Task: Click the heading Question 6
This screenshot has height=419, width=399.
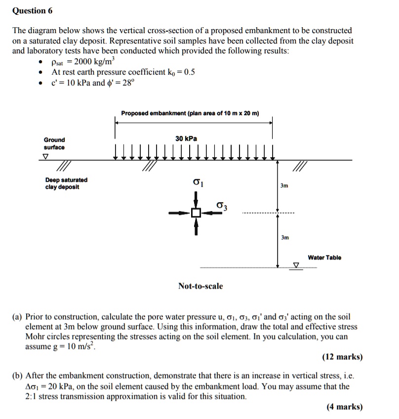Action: [32, 11]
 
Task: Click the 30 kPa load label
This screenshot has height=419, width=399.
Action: [186, 139]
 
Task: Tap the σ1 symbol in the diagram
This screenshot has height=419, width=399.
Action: [198, 183]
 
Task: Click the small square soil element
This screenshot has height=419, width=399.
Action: [196, 213]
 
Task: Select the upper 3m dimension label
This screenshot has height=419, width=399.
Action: [284, 186]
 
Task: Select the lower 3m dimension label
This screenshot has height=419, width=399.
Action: [284, 238]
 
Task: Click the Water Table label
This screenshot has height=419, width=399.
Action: [324, 257]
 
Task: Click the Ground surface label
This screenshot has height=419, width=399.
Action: [54, 143]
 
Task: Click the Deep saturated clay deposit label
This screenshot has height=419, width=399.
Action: [66, 183]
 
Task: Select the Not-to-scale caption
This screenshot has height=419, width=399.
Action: [200, 286]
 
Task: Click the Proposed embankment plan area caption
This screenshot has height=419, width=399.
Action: [190, 114]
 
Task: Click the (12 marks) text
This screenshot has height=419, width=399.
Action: [342, 357]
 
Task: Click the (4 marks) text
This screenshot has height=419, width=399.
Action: [344, 407]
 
